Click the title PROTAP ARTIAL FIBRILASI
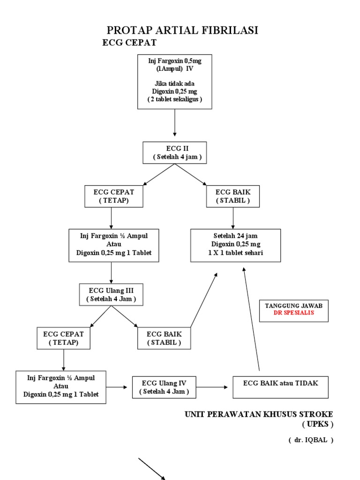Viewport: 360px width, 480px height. pos(183,31)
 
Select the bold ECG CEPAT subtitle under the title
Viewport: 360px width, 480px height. pos(129,43)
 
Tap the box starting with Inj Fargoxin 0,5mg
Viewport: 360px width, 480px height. pos(174,81)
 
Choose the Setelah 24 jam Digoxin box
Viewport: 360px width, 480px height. pos(236,245)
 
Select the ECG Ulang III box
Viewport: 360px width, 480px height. pos(111,294)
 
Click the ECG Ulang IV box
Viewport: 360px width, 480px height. pos(164,387)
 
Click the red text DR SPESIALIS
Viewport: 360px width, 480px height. pos(294,313)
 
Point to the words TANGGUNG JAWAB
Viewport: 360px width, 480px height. pos(294,305)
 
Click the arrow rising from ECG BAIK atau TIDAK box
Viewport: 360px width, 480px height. pos(251,319)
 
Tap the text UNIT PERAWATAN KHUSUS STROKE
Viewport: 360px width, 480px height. pos(259,414)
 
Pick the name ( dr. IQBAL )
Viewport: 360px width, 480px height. pos(311,441)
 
